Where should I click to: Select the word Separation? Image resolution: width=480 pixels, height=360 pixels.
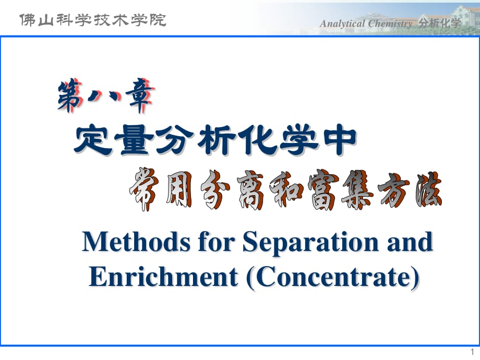pos(311,243)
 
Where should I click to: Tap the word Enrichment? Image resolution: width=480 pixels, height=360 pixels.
pos(163,277)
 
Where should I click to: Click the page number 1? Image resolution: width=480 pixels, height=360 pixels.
pos(472,352)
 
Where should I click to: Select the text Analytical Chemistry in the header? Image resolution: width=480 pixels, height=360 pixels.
pos(366,23)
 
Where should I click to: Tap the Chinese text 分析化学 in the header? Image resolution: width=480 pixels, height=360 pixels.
pos(440,23)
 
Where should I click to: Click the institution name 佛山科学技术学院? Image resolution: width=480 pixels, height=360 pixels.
pos(92,20)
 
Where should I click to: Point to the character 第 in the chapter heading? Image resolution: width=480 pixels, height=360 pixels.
pos(70,95)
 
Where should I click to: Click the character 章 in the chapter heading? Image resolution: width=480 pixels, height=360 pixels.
pos(140,95)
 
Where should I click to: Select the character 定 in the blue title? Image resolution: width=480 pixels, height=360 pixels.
pos(93,140)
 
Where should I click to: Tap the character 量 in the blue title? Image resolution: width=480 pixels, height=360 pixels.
pos(135,140)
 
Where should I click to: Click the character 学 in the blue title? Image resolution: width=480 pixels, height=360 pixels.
pos(299,140)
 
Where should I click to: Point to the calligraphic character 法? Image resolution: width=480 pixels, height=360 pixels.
pos(428,189)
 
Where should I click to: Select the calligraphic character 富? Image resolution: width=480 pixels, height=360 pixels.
pos(323,189)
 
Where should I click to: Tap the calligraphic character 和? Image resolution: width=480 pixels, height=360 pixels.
pos(286,190)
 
